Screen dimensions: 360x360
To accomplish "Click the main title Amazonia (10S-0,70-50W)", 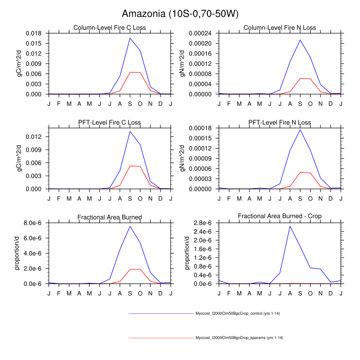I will coord(180,13).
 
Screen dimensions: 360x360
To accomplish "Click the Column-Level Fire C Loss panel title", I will coord(110,28).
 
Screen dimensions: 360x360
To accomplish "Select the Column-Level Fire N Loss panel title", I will coord(280,28).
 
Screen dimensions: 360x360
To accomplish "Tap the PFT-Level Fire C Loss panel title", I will coord(110,122).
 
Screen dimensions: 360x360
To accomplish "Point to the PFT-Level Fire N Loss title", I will coord(280,122).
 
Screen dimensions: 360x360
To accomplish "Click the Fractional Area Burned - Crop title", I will coord(280,217).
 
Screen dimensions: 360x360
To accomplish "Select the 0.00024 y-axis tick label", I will coord(202,33).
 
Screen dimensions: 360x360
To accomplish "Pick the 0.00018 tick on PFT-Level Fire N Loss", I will coord(202,128).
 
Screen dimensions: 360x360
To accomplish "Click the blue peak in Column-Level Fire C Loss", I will coord(130,38).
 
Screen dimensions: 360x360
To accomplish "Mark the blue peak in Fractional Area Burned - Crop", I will coord(290,226).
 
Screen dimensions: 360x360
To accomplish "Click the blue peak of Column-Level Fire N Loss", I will coord(300,40).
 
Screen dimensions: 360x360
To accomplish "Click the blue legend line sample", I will coord(159,313).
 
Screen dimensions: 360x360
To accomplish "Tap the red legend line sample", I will coord(159,337).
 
